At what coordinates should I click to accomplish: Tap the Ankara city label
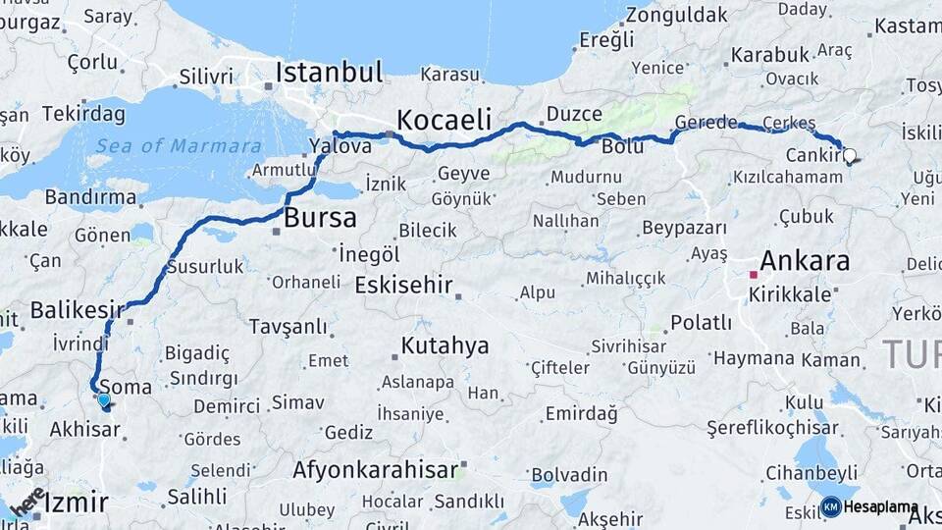click(804, 261)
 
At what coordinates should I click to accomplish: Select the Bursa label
click(320, 217)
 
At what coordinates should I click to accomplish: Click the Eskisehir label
click(403, 286)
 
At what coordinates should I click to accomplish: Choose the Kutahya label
click(445, 345)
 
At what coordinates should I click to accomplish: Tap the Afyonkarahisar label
click(375, 469)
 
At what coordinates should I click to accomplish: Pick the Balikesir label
click(78, 310)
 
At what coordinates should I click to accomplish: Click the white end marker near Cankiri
click(849, 154)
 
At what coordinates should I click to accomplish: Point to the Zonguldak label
click(677, 15)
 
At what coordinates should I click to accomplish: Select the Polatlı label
click(701, 323)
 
